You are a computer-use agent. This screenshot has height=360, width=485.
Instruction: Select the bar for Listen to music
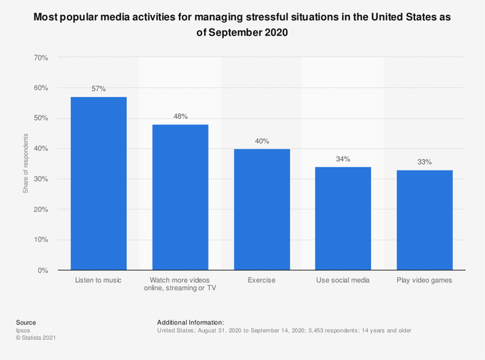coord(98,183)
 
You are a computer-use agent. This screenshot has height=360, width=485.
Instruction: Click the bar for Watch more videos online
coord(180,197)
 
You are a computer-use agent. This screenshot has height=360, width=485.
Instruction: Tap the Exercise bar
coord(262,210)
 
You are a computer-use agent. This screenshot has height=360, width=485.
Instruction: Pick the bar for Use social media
coord(343,218)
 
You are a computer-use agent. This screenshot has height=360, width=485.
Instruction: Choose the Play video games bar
coord(424,220)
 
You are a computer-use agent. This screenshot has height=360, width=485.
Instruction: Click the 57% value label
coord(98,89)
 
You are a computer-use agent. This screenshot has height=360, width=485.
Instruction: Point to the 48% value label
coord(180,116)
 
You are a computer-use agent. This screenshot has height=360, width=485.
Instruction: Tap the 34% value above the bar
coord(343,159)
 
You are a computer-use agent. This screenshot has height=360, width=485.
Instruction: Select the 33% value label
coord(424,162)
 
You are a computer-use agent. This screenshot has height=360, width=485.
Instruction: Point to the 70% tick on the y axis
coord(41,58)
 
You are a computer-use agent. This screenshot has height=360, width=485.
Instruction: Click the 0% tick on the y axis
coord(43,270)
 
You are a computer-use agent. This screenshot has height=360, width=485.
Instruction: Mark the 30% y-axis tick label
coord(41,179)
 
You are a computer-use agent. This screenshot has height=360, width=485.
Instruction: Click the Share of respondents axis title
coord(26,164)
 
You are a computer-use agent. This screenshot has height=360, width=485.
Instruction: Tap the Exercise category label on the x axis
coord(261,280)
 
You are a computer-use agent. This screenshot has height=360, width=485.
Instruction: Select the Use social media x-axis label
coord(343,280)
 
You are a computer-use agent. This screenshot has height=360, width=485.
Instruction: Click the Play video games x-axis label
coord(424,280)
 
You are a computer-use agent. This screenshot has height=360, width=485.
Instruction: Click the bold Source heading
coord(26,323)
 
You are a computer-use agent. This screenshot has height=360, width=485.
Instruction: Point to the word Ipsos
coord(23,330)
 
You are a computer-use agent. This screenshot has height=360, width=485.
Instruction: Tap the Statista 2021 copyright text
coord(36,338)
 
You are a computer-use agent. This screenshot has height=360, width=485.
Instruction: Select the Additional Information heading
coord(190,323)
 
